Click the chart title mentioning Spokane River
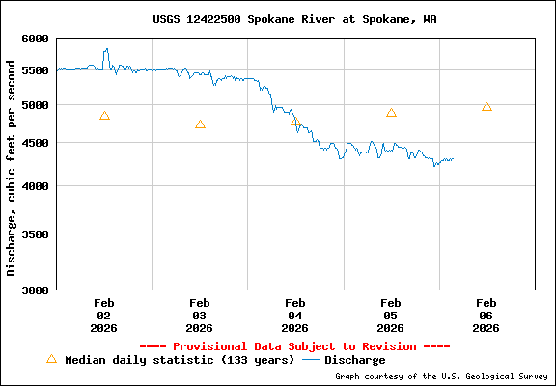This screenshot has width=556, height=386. tap(294, 19)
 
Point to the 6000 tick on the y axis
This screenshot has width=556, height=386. tap(35, 39)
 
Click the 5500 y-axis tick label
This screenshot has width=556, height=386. tap(35, 70)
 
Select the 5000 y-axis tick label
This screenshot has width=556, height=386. tap(35, 104)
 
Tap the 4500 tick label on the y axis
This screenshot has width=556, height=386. tap(35, 143)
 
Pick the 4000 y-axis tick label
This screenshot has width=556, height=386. tap(35, 185)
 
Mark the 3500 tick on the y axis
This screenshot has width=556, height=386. tap(35, 234)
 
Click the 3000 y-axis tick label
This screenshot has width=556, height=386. tap(35, 289)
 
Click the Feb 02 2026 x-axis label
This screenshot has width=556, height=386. tap(104, 315)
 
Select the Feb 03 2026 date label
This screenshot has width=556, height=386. tap(200, 315)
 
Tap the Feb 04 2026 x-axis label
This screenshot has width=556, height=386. tap(295, 315)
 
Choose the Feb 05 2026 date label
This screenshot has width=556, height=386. tap(391, 315)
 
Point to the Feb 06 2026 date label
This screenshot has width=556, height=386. tap(486, 315)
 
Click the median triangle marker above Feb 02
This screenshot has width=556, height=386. tap(104, 116)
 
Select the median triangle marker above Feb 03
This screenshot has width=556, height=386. tap(200, 124)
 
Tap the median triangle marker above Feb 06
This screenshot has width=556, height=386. tap(486, 107)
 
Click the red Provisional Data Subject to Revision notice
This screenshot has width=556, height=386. tap(294, 345)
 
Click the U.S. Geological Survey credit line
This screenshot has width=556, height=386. tap(442, 376)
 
